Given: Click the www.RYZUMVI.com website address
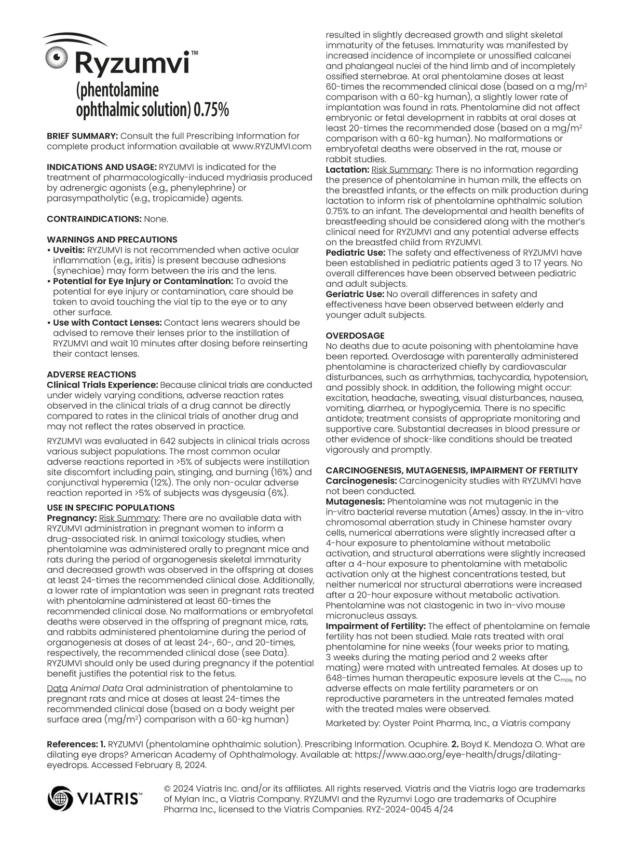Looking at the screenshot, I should (272, 146).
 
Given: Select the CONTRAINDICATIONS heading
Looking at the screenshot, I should (94, 219).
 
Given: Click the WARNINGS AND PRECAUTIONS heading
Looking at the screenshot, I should (112, 240).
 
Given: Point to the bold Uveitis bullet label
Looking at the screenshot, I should (69, 250).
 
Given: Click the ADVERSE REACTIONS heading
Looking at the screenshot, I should (91, 375).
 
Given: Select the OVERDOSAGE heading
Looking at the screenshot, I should (355, 336).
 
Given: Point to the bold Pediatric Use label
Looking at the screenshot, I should (355, 253).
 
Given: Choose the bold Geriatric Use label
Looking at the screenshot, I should (355, 294).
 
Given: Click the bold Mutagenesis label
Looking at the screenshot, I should (355, 502).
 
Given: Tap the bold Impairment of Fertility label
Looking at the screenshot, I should (375, 626).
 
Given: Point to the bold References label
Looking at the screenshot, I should (72, 744).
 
